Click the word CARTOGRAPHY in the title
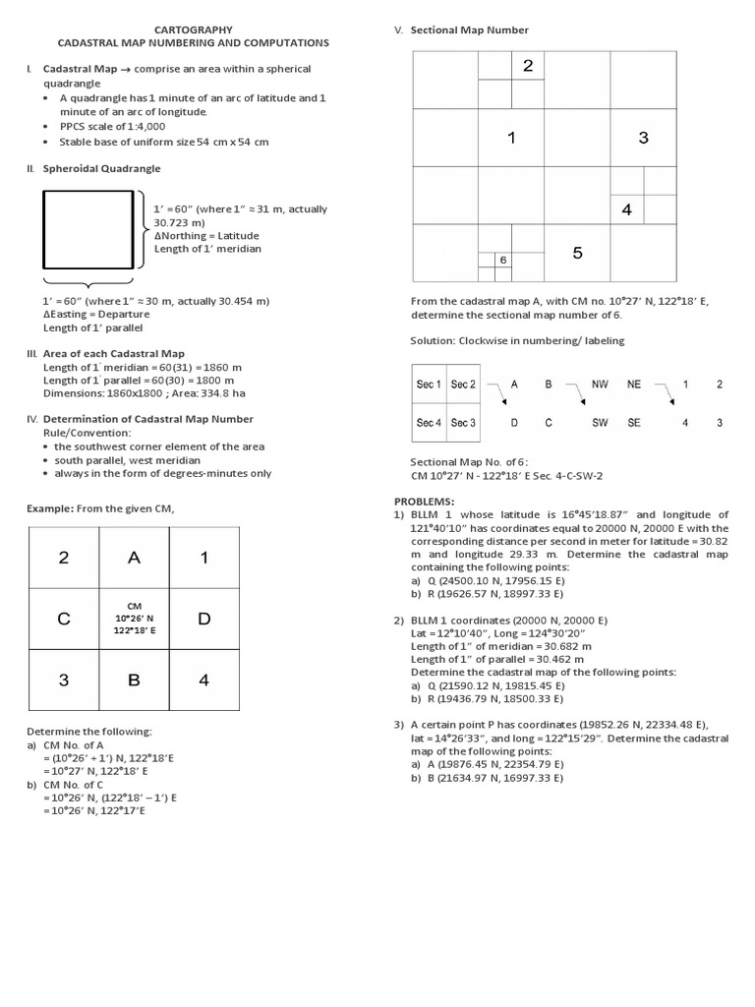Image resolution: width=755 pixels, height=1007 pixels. tap(193, 30)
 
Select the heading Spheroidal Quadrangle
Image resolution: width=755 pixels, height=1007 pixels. tap(101, 169)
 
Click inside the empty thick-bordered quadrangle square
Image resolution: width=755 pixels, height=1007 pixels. tap(87, 229)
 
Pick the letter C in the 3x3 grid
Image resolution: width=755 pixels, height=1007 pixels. tap(64, 619)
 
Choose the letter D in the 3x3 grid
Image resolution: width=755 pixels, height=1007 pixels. tap(203, 619)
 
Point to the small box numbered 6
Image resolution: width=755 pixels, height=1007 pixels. tap(502, 260)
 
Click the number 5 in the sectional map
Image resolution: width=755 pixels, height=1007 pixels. tap(577, 253)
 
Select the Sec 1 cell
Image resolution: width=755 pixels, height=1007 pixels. tap(429, 385)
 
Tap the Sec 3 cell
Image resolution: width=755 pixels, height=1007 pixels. tap(463, 423)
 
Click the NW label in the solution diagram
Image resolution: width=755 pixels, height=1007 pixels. tap(600, 385)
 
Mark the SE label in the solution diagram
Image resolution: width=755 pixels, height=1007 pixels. tap(634, 423)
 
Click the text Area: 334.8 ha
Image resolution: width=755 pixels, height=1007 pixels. tap(203, 393)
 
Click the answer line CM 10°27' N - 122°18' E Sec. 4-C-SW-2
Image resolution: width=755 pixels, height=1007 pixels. tap(506, 475)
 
